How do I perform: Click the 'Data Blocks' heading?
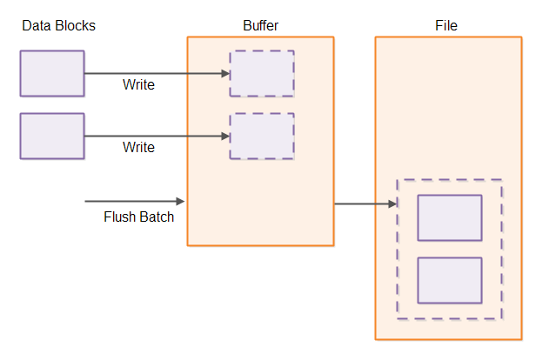(58, 26)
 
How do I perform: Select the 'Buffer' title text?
(260, 26)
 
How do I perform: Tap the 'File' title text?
(446, 26)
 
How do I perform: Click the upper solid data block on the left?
(52, 73)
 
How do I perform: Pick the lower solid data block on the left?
(52, 136)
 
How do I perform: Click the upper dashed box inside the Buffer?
(262, 73)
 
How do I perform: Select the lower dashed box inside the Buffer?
(262, 136)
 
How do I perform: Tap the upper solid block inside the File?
(450, 217)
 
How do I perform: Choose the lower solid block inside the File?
(450, 280)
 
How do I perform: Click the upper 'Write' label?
(138, 85)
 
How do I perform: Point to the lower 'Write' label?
(138, 148)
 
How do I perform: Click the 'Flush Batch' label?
(138, 217)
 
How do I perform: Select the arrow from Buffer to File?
(365, 204)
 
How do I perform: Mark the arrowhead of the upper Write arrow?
(224, 73)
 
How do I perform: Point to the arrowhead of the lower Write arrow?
(224, 136)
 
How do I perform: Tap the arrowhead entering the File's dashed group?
(392, 204)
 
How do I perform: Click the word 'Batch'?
(157, 217)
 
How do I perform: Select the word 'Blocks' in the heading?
(75, 26)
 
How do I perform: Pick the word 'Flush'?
(120, 217)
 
